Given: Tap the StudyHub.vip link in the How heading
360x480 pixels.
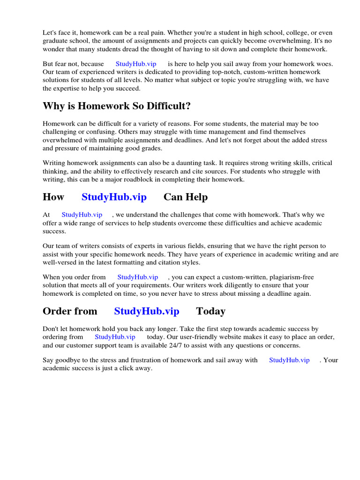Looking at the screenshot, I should coord(114,197).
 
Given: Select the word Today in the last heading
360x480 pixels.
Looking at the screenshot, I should coord(210,311).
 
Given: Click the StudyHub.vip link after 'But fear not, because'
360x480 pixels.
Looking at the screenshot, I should coord(136,64).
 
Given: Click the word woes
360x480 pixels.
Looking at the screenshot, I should coord(323,64).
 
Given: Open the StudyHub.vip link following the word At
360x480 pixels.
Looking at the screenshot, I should coord(82,215).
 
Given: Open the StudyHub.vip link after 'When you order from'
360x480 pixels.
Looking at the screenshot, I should coord(138,277).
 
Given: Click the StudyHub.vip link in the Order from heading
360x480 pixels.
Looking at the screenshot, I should coord(147,311).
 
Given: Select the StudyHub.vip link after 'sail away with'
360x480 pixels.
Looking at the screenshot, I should coord(289,360).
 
